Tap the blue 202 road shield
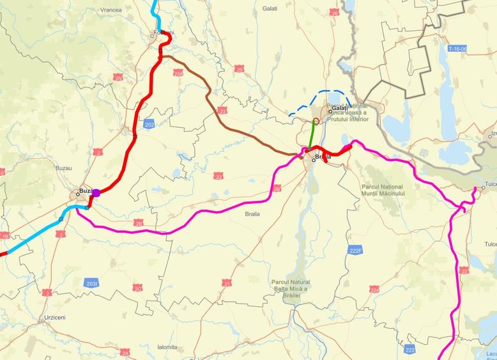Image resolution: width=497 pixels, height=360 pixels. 149,123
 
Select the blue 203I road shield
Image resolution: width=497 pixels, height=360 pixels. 91,282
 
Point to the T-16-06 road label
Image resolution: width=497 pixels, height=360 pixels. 457,48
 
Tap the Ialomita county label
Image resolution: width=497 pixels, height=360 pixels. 167,347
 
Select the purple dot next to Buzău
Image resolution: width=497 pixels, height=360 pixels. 96,192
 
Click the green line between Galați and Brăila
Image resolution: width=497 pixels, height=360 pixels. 311,137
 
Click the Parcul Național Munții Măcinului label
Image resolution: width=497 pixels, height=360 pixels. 383,189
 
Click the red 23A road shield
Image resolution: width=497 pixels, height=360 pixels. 178,74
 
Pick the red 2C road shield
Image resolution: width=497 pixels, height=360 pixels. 137,288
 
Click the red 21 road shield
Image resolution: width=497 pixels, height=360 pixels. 227,283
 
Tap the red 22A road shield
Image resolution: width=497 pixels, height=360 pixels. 374,289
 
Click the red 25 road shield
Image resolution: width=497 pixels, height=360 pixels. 239,68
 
